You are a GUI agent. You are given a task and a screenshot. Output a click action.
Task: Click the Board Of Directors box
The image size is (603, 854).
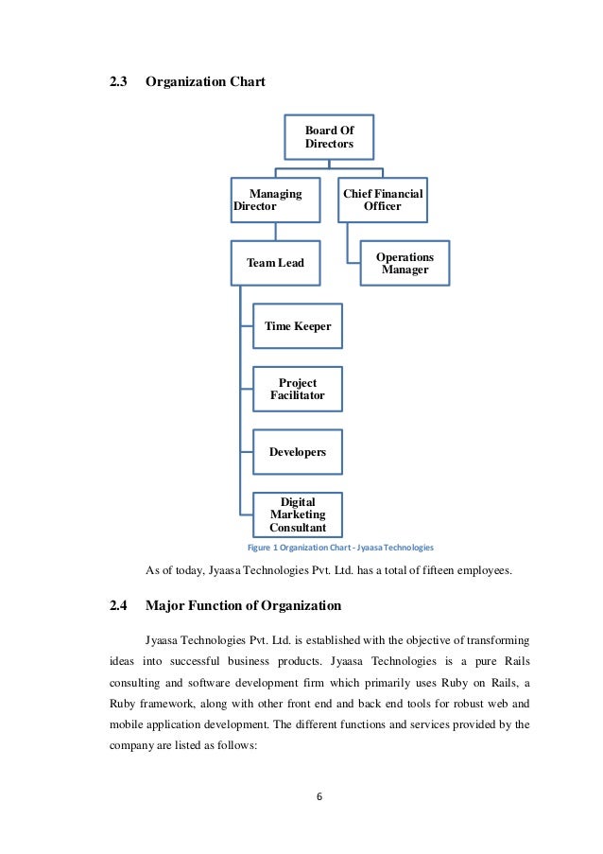pos(329,137)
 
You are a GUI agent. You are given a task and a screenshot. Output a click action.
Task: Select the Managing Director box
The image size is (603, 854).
pos(276,200)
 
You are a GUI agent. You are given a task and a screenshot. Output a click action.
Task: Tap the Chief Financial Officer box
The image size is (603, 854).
pos(383,200)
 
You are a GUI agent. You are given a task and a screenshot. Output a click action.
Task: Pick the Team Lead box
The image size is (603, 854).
pos(276,263)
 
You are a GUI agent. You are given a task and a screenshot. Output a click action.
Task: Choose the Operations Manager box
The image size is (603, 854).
pos(405,263)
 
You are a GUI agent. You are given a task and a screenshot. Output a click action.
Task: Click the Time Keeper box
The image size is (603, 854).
pos(298,326)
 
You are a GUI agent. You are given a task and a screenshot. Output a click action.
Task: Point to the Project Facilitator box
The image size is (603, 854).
pos(298,389)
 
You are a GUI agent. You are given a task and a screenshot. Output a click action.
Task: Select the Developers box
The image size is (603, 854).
pos(298,452)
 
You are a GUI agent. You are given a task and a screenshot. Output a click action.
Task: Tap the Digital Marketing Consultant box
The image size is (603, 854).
pos(298,514)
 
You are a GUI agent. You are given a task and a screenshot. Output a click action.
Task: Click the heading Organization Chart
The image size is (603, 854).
pos(205,82)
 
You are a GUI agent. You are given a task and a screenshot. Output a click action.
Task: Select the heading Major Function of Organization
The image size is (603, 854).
pos(243,605)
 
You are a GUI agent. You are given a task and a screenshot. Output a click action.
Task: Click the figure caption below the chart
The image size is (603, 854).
pos(339,548)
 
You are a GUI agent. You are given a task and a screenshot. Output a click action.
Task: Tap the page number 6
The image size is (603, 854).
pos(319,795)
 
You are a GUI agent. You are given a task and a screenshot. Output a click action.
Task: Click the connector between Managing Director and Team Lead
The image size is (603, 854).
pos(276,232)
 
